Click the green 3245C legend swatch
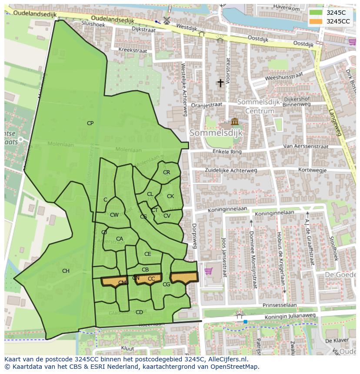[x=316, y=13]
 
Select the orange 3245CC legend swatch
[x=316, y=21]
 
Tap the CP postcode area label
[x=90, y=123]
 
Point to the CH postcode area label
[x=66, y=271]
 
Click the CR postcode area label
[x=167, y=172]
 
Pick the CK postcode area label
[x=170, y=196]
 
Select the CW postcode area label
[x=114, y=215]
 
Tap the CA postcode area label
[x=120, y=239]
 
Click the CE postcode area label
[x=148, y=254]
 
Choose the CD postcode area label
[x=139, y=312]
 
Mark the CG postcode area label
[x=166, y=285]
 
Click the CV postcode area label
[x=167, y=216]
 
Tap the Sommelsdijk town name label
[x=216, y=132]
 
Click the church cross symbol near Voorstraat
[x=220, y=83]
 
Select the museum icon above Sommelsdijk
[x=235, y=121]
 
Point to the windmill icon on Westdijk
[x=166, y=20]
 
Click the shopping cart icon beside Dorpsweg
[x=208, y=271]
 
